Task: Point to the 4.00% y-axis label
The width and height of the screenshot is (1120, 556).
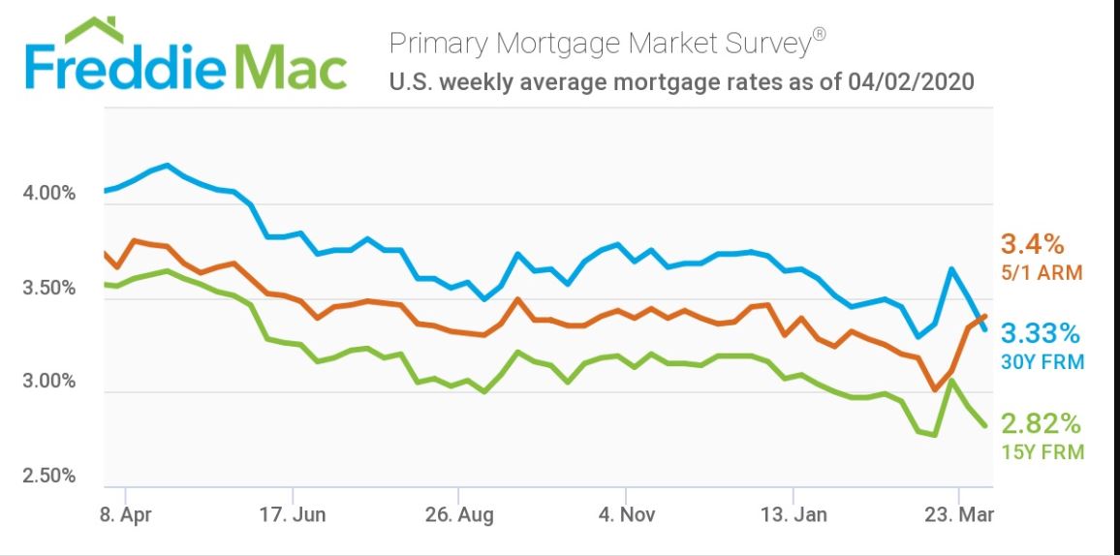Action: point(48,194)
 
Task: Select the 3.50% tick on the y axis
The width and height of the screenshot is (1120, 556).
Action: point(48,288)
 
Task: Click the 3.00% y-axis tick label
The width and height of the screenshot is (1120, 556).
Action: point(48,381)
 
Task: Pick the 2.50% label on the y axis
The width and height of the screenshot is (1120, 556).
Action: point(48,475)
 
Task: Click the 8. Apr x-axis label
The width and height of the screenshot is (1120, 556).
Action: point(126,514)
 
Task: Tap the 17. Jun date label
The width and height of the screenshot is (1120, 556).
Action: point(294,514)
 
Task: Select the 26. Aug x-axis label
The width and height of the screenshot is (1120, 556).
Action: point(459,514)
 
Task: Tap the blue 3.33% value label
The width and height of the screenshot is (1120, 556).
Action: point(1040,334)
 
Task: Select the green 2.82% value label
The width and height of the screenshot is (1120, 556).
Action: point(1040,424)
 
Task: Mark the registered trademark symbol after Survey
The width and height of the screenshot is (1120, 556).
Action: point(820,35)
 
